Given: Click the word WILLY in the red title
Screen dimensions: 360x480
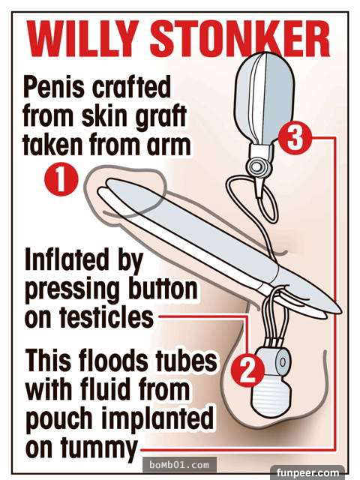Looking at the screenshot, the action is click(81, 39).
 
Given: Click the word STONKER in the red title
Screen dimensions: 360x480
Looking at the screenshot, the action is click(240, 39).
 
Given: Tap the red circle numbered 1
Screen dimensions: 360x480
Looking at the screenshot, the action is click(61, 178).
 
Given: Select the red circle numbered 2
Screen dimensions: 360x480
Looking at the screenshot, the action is click(247, 370).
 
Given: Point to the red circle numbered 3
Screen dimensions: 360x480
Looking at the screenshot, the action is click(295, 138).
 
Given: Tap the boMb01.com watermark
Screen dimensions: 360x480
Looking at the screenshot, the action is click(180, 465).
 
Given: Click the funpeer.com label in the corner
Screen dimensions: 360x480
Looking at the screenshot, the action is click(307, 472).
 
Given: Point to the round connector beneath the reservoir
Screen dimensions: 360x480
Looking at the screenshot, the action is click(256, 166).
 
